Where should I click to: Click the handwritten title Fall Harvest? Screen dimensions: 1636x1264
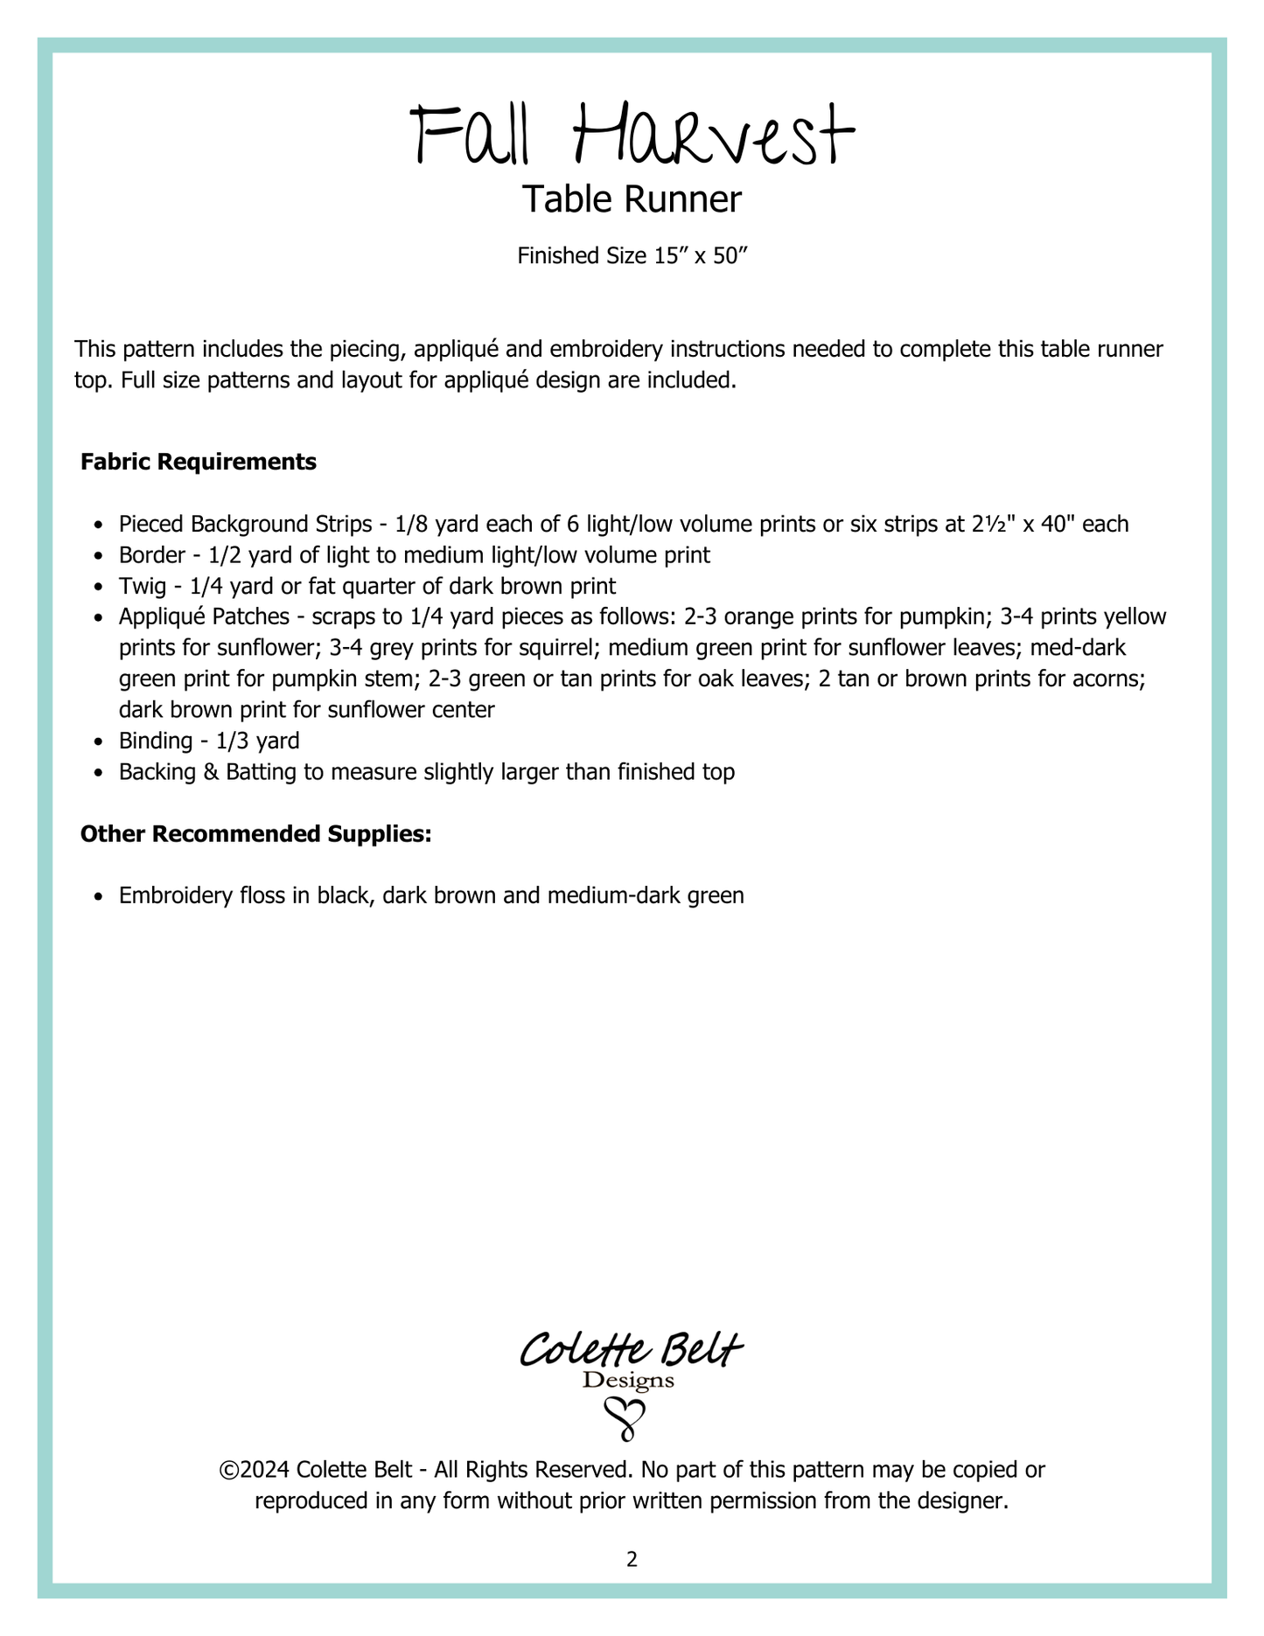tap(632, 136)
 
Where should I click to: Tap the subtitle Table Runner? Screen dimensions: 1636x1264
tap(632, 200)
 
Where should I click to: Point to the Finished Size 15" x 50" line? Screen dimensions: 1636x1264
tap(632, 256)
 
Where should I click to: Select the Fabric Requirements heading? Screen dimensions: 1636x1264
tap(199, 462)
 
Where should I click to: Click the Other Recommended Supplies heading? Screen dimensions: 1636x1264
tap(256, 834)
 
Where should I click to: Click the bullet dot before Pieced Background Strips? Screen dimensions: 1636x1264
tap(100, 526)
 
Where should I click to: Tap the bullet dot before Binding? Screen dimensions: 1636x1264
tap(100, 742)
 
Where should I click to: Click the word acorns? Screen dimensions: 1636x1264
tap(1112, 679)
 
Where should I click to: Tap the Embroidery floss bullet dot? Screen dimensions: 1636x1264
tap(100, 896)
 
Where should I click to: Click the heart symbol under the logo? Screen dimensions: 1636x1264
tap(626, 1419)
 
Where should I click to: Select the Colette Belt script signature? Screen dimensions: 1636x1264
tap(632, 1350)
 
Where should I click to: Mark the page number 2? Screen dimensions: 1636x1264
tap(632, 1559)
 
